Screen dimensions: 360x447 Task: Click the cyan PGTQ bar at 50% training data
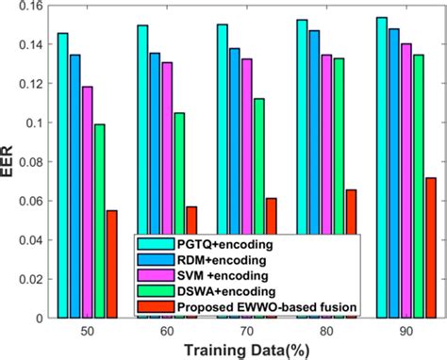[63, 170]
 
